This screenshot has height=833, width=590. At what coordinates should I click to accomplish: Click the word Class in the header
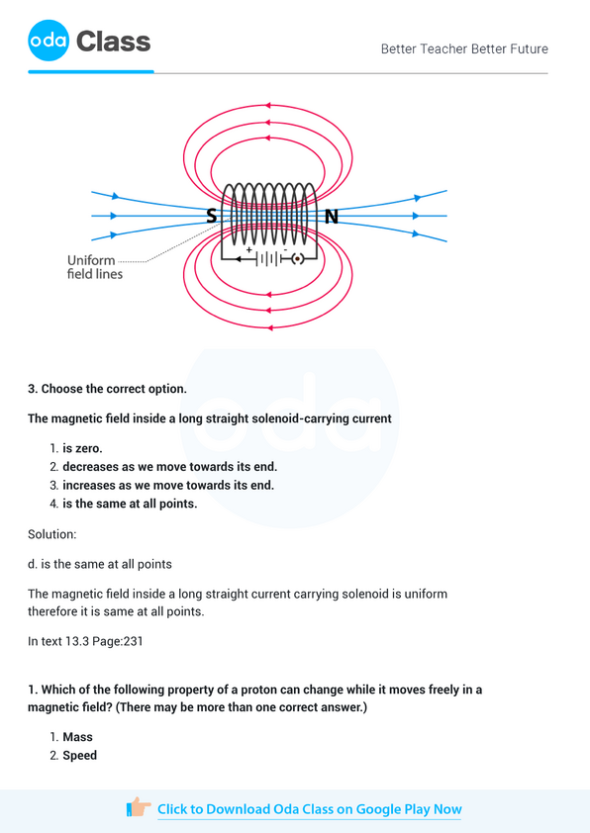point(114,41)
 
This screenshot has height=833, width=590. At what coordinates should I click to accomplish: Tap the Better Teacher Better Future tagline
point(464,48)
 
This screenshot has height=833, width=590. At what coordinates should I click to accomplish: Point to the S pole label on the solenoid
point(212,216)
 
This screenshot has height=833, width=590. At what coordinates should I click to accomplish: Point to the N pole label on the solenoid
point(332,216)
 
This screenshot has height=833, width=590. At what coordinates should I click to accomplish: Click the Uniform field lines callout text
point(95,267)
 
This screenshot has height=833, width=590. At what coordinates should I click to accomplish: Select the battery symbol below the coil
point(267,258)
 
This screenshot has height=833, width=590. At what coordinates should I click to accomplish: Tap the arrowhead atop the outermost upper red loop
point(266,105)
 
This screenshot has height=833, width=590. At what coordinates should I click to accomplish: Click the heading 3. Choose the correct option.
point(108,389)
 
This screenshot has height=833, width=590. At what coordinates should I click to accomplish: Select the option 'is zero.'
point(82,448)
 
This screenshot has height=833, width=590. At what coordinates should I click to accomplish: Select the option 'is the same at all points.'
point(130,504)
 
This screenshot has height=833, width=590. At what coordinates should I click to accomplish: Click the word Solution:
point(52,534)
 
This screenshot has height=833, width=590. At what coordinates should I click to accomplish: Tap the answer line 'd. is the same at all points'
point(100,564)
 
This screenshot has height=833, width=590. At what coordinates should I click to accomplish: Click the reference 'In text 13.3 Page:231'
point(86,641)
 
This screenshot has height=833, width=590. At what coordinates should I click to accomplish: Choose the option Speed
point(80,756)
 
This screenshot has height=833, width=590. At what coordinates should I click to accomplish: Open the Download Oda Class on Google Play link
point(309,809)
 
